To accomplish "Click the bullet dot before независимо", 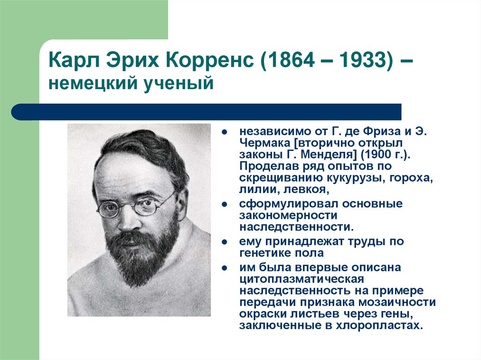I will [x=225, y=131].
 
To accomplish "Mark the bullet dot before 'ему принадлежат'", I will [x=225, y=243].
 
